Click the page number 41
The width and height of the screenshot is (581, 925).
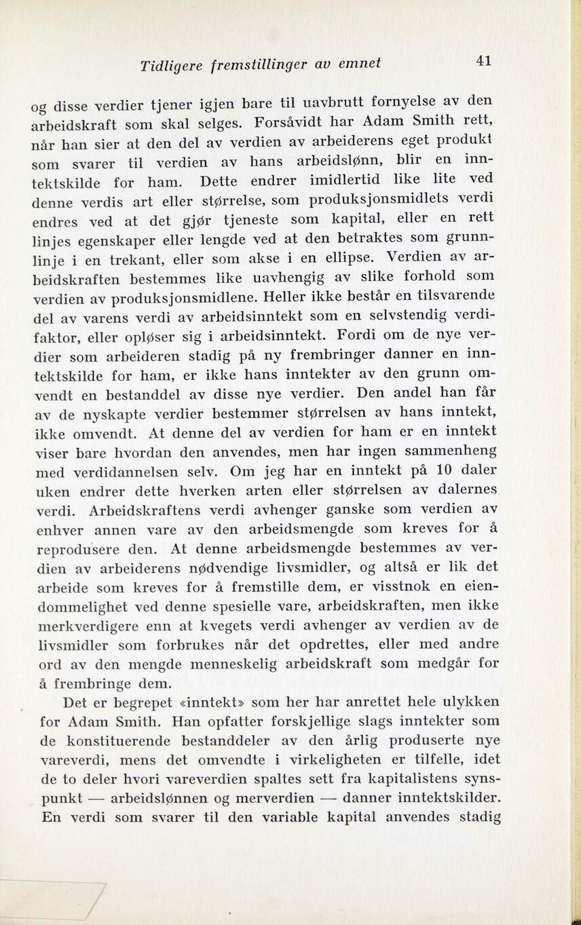pyautogui.click(x=483, y=60)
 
